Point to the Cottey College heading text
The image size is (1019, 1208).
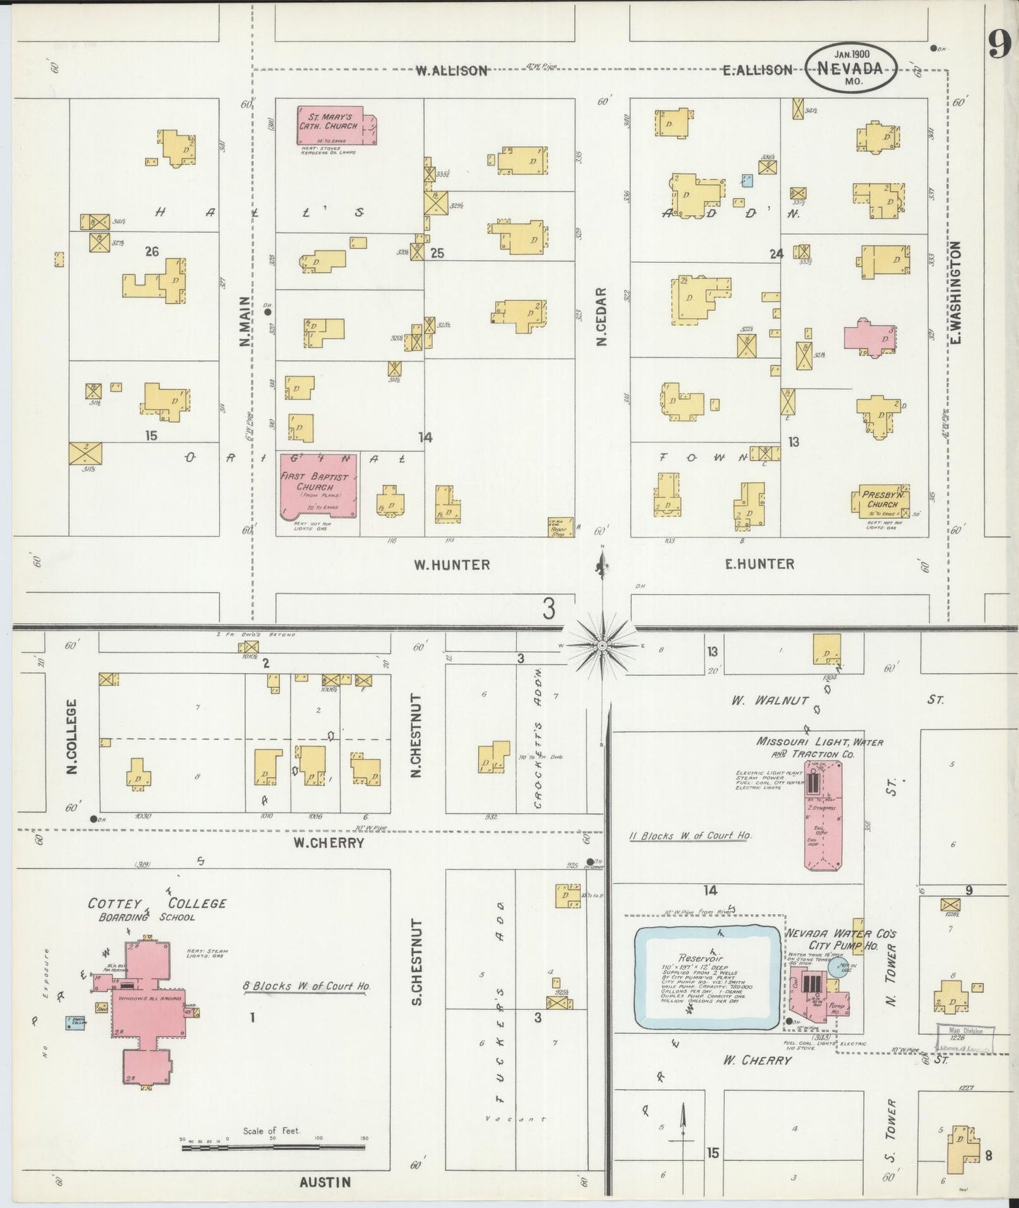[157, 904]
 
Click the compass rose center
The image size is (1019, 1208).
[602, 645]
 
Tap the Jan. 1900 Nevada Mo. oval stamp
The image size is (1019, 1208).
[852, 67]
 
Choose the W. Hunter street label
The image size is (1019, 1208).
[451, 565]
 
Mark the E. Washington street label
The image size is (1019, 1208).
[956, 292]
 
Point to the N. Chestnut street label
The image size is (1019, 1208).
[416, 736]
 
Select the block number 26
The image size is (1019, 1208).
[151, 250]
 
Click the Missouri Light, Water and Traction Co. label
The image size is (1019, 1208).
[819, 747]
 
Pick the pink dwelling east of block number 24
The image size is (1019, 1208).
[872, 336]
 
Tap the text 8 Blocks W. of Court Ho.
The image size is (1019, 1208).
[307, 986]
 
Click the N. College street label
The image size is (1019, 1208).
[72, 736]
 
